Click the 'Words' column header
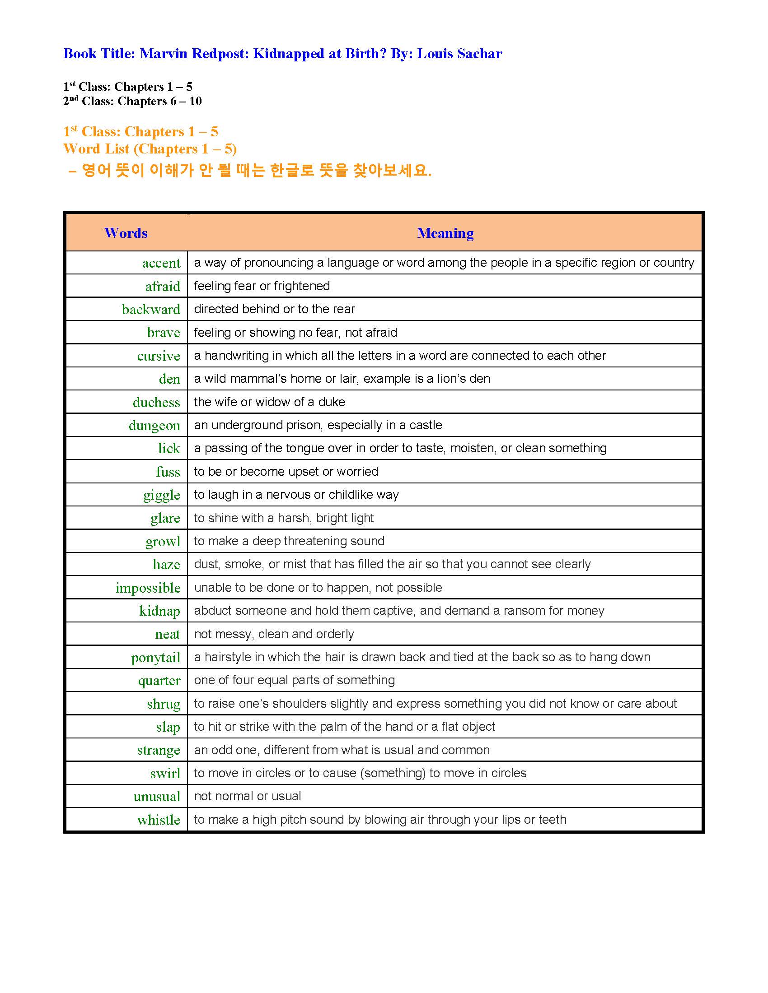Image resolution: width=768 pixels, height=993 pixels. [x=126, y=233]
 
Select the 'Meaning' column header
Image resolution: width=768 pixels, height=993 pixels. [x=445, y=233]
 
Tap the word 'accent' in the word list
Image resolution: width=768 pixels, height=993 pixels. [x=161, y=263]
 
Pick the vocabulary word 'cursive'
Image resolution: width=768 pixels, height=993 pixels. [x=158, y=356]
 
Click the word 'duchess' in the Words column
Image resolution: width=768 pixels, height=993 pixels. [x=156, y=402]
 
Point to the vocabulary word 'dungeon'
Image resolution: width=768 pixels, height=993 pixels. [x=154, y=425]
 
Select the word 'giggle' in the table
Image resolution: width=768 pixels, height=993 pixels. [x=162, y=495]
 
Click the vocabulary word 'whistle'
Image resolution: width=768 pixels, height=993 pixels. [x=158, y=819]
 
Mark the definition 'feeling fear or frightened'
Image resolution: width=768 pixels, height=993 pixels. [x=262, y=286]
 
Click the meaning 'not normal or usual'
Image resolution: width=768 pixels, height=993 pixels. [x=248, y=796]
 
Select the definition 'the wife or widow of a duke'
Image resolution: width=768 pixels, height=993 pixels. [x=269, y=402]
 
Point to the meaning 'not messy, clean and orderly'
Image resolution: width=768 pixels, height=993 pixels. [x=274, y=634]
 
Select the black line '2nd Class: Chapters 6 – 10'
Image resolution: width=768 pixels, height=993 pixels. [x=132, y=101]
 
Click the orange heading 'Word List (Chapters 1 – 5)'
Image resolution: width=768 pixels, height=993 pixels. [x=150, y=148]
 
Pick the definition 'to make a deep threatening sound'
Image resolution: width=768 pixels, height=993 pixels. [x=289, y=541]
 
